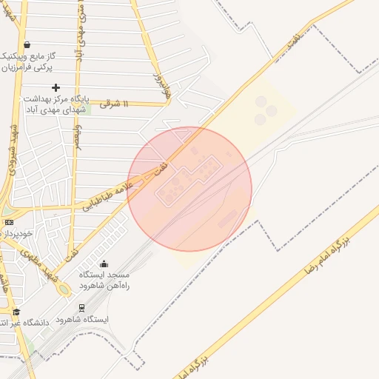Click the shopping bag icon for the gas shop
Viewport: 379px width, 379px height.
[27, 45]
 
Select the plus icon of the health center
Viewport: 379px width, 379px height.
[56, 87]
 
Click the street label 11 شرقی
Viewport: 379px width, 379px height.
[114, 104]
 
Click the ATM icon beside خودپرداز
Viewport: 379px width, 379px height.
[9, 222]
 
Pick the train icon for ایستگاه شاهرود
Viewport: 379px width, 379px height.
[81, 307]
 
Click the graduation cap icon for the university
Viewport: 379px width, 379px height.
[17, 312]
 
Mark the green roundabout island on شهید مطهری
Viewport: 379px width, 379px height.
[64, 289]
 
